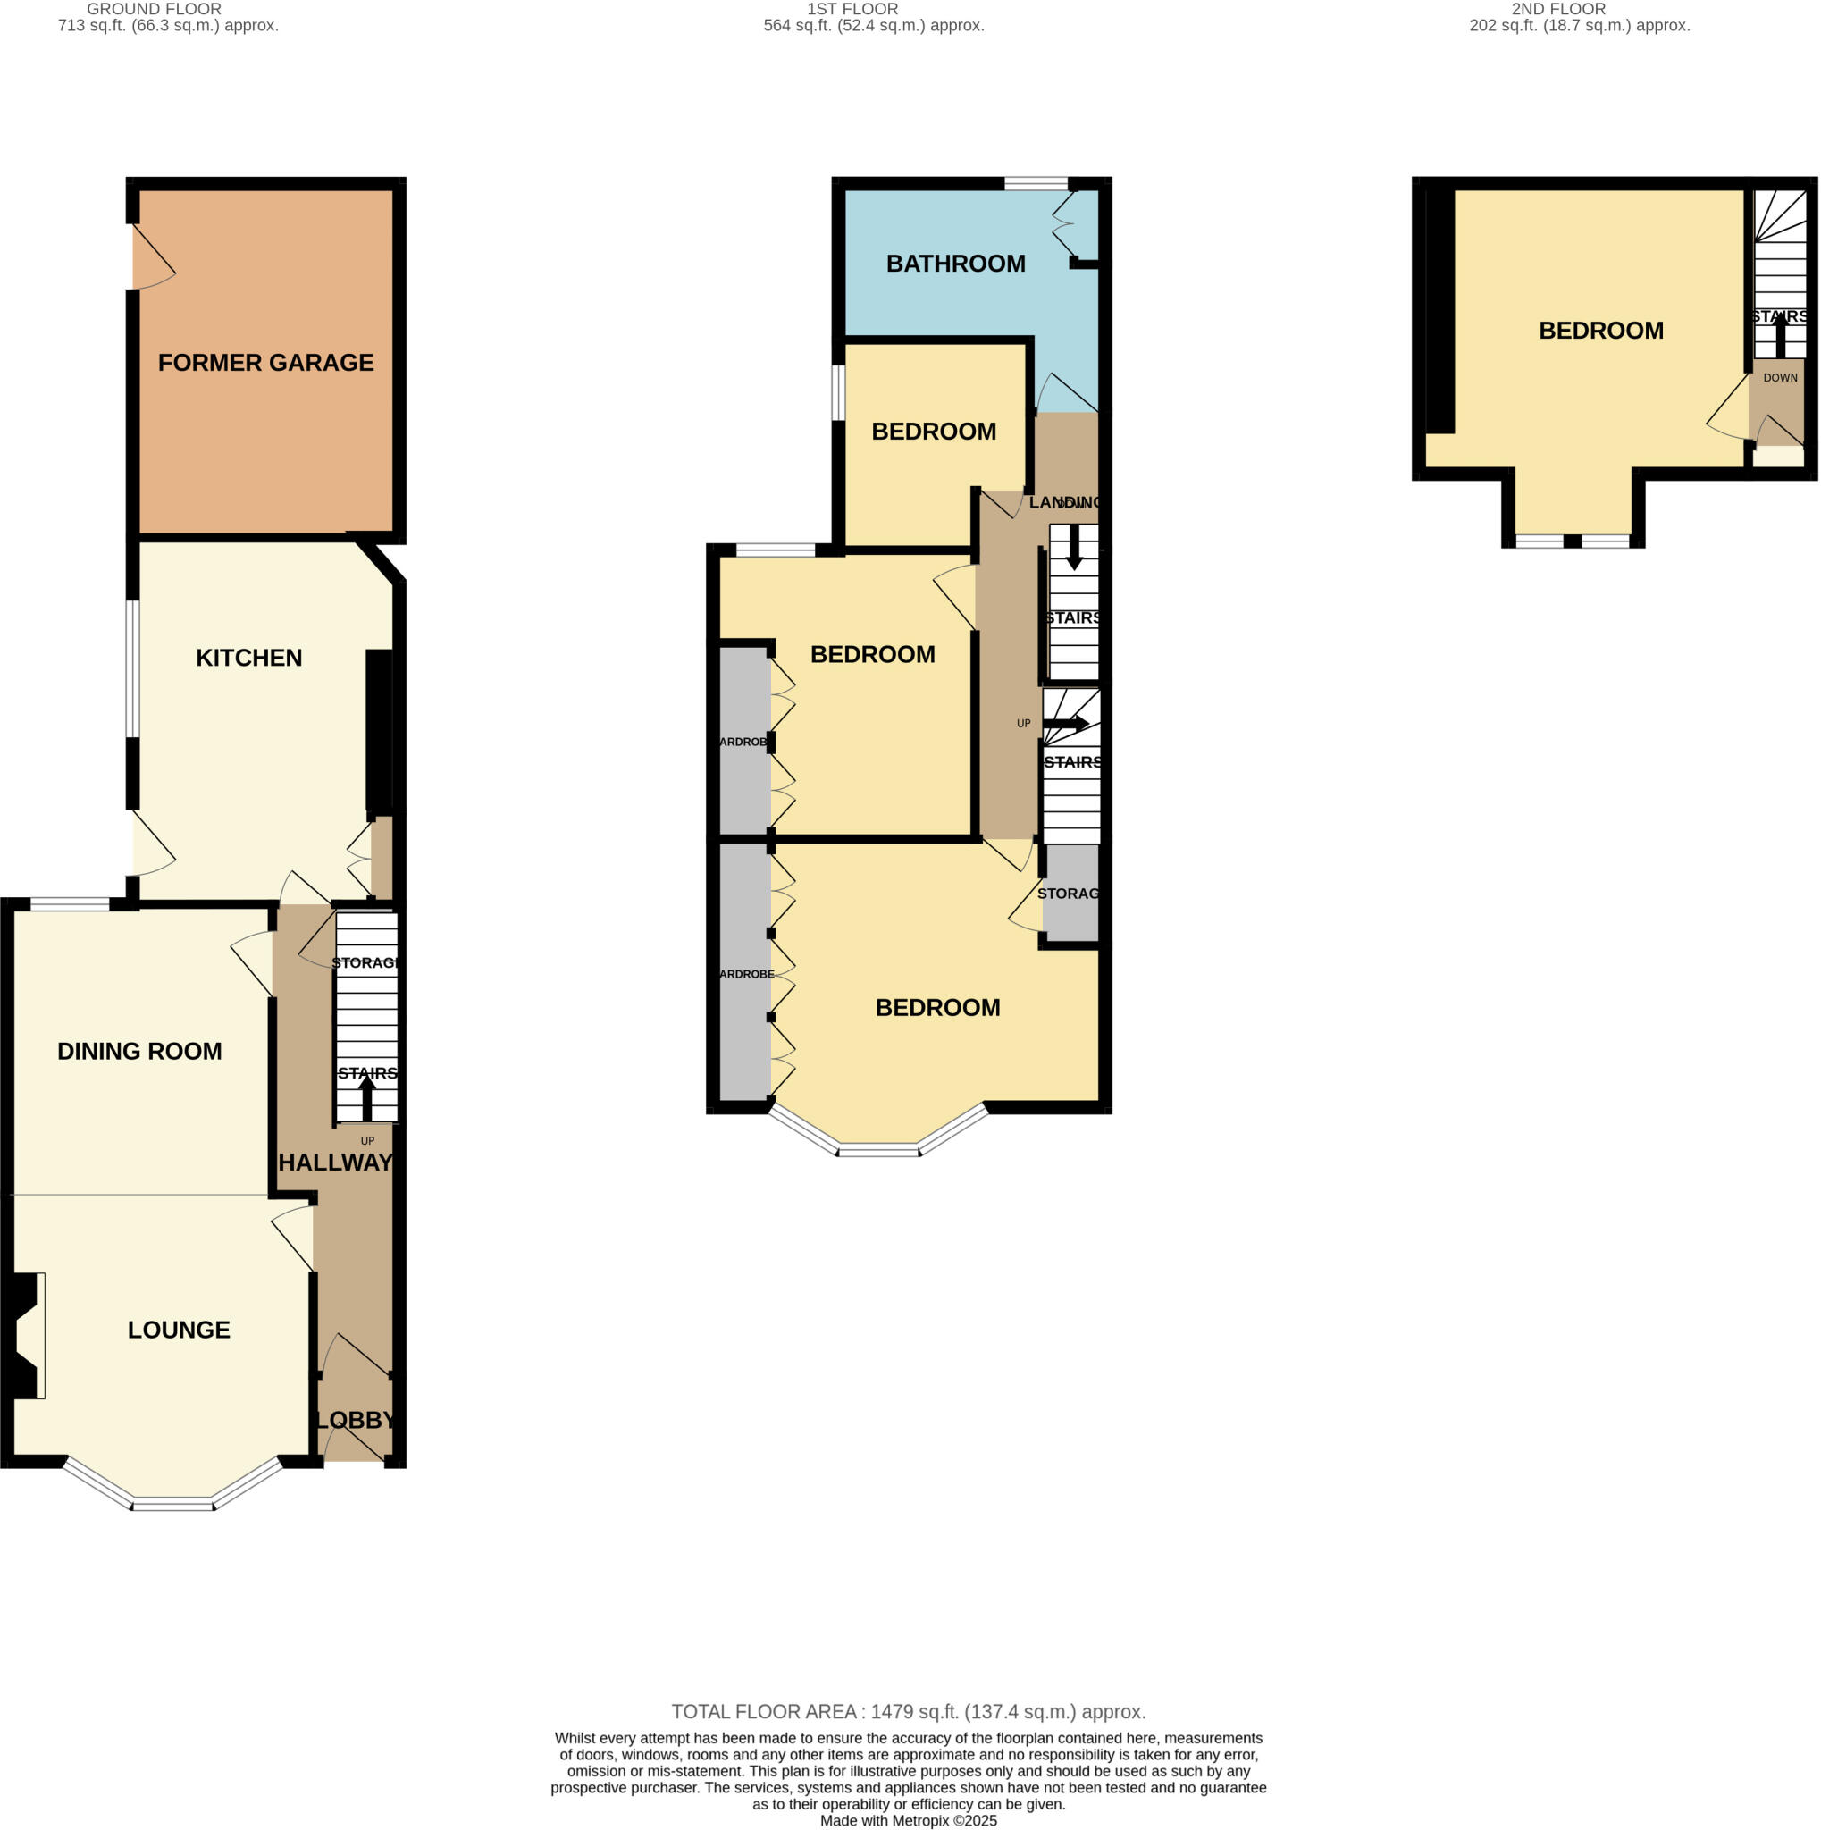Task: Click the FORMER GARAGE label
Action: point(265,363)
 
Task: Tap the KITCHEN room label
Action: point(249,659)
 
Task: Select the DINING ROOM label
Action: point(139,1052)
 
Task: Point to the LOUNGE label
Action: point(179,1330)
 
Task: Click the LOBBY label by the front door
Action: point(355,1420)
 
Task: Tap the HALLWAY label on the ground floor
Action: point(335,1163)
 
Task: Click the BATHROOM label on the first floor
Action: point(955,264)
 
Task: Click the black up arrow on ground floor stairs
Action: point(367,1099)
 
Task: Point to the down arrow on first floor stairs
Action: point(1074,548)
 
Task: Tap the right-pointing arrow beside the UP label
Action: point(1066,724)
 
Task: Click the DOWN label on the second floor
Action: point(1780,378)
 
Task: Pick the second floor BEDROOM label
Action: point(1601,331)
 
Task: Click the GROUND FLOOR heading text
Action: point(155,9)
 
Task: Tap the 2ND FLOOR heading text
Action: point(1558,9)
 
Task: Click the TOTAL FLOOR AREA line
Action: point(909,1711)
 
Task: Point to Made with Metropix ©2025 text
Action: point(909,1820)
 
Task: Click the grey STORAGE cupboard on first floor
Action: point(1071,894)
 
